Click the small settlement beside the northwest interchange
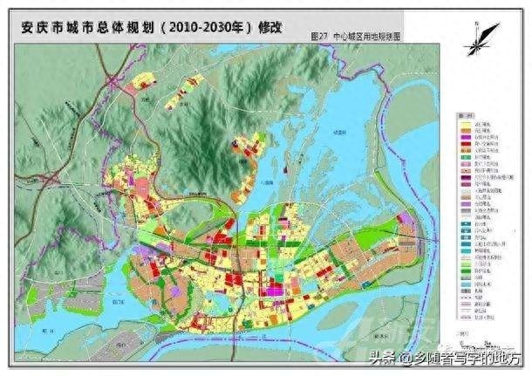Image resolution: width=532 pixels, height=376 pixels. [x=140, y=85]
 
